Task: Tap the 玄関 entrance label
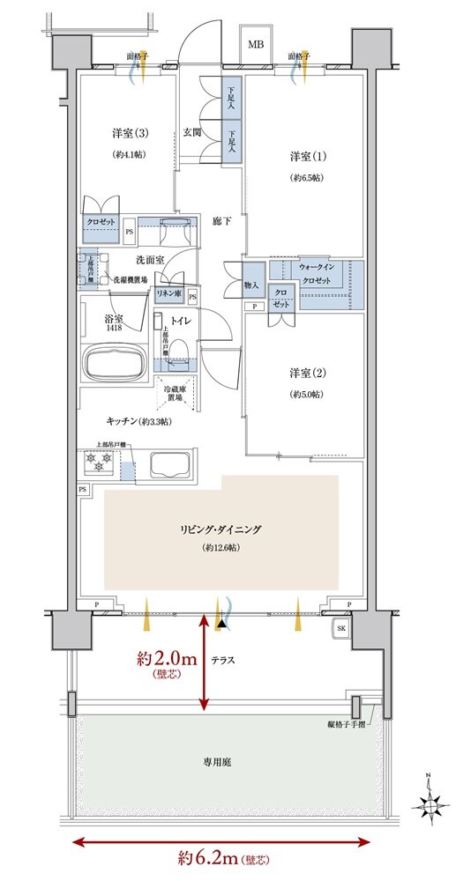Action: (193, 132)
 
